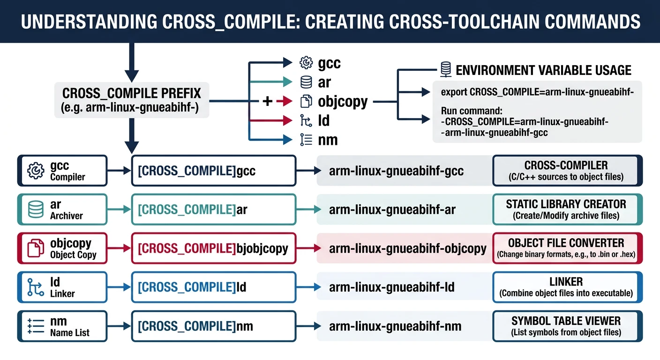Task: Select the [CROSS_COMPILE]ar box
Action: point(214,210)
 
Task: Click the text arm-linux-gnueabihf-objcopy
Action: point(408,248)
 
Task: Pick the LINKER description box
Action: point(567,287)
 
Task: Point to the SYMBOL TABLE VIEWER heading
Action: point(566,321)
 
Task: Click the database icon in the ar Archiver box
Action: point(36,210)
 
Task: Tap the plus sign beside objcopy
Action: point(267,100)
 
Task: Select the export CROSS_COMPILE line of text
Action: point(538,92)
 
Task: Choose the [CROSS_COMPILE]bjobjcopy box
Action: point(214,248)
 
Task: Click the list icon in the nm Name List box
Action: point(36,326)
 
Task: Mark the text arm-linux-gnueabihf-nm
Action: point(395,326)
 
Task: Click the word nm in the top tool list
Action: point(328,140)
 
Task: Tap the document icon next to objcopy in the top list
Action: point(306,101)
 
